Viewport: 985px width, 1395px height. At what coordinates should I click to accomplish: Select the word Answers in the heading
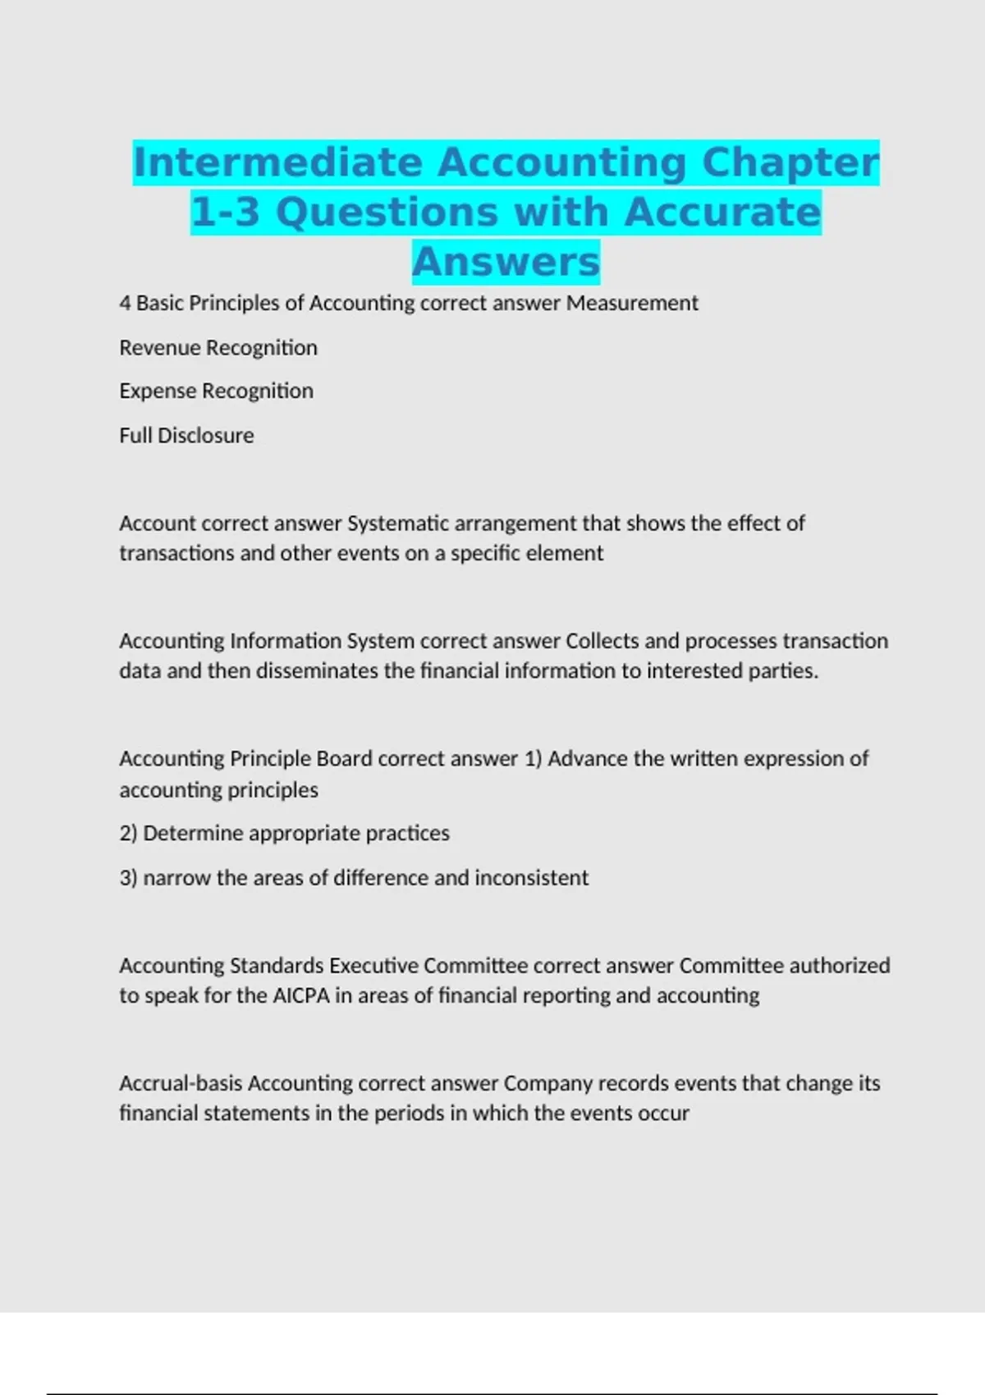pyautogui.click(x=506, y=262)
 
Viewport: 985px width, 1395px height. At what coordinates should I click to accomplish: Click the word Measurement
pyautogui.click(x=632, y=303)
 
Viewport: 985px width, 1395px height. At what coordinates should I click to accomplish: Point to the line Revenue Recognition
pyautogui.click(x=218, y=348)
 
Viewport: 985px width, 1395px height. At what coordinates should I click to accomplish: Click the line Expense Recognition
pyautogui.click(x=216, y=391)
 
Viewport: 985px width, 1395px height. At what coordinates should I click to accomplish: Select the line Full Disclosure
pyautogui.click(x=186, y=435)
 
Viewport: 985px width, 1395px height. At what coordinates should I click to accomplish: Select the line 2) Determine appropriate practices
pyautogui.click(x=284, y=834)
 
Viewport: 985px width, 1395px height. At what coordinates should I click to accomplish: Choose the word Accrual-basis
pyautogui.click(x=181, y=1083)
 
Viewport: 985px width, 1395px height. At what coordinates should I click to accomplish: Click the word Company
pyautogui.click(x=547, y=1084)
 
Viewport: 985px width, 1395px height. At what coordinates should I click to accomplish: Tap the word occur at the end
pyautogui.click(x=663, y=1114)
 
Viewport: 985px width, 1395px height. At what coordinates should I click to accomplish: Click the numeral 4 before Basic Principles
pyautogui.click(x=125, y=303)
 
